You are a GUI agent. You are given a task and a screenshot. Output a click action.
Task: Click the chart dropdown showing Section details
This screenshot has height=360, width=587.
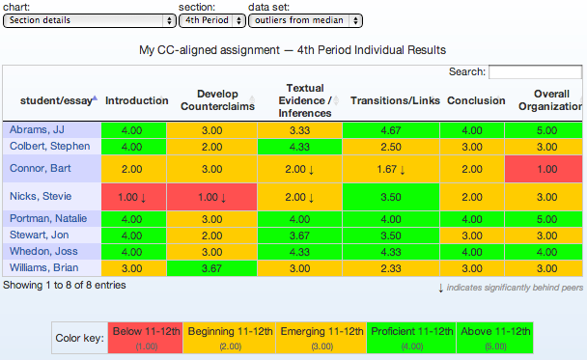click(x=90, y=20)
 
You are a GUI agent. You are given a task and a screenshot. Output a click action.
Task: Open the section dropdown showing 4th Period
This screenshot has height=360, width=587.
click(x=212, y=20)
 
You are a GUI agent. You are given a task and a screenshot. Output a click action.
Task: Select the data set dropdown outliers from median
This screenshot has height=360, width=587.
click(x=305, y=20)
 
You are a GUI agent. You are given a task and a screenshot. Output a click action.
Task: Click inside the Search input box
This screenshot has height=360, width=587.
click(x=535, y=71)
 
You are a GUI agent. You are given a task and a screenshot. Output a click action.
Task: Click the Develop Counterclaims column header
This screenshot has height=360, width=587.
click(x=217, y=100)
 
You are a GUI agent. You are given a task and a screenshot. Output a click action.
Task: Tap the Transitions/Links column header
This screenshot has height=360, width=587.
click(x=395, y=100)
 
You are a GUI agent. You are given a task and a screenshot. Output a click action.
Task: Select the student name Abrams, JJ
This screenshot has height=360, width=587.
click(x=37, y=130)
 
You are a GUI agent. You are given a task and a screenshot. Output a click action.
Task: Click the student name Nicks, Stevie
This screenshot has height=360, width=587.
click(x=41, y=196)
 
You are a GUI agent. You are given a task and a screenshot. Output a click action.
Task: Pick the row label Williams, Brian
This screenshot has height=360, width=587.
click(x=43, y=268)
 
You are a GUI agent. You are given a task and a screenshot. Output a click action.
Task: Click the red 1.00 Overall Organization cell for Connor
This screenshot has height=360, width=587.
click(x=544, y=169)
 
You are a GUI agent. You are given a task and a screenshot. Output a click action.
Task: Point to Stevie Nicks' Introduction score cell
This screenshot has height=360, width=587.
click(x=133, y=197)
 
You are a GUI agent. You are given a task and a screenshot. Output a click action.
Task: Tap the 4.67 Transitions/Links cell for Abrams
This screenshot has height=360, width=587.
click(x=391, y=130)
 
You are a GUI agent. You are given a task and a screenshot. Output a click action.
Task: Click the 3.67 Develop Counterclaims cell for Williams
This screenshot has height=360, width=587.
click(x=211, y=268)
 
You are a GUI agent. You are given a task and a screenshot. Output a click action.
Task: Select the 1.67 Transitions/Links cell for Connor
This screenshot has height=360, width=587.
click(x=391, y=169)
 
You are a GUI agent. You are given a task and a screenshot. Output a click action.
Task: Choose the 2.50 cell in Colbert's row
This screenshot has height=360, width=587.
click(x=391, y=147)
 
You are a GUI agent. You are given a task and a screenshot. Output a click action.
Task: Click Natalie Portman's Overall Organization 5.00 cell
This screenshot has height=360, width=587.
click(x=544, y=219)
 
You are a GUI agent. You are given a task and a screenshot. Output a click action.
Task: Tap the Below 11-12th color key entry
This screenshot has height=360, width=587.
click(x=146, y=338)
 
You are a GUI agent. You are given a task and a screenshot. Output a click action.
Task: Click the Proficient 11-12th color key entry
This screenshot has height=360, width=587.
click(x=411, y=338)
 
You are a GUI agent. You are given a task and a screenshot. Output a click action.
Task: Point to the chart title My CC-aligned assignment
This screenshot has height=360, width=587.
click(x=210, y=50)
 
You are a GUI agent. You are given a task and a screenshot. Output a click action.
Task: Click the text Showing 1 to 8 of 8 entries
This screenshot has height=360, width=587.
click(x=65, y=285)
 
